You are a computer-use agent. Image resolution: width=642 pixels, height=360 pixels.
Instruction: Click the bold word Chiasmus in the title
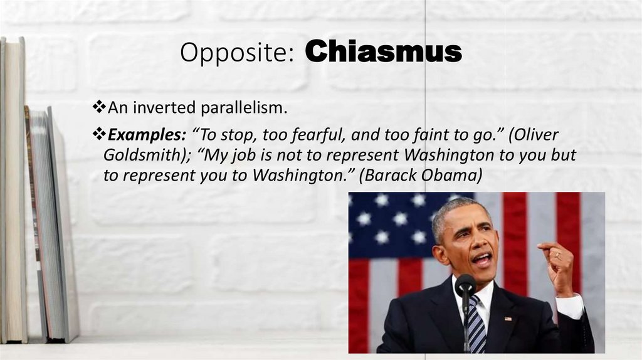[384, 53]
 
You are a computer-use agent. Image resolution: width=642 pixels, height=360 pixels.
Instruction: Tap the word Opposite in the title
[236, 54]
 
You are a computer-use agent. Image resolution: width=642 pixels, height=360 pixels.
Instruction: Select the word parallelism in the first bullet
[244, 109]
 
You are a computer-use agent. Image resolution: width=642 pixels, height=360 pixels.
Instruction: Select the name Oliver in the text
[533, 135]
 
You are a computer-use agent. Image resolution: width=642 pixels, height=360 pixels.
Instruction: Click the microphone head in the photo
[465, 285]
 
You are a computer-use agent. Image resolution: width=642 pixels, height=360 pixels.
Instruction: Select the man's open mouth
[482, 258]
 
